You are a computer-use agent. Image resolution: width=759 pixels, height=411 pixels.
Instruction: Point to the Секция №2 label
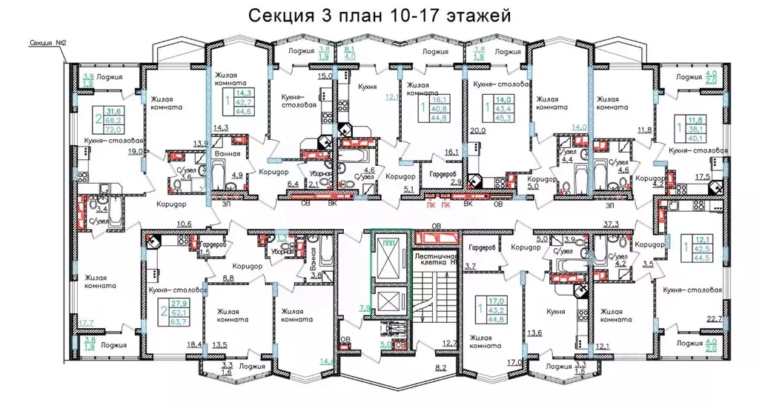click(x=45, y=44)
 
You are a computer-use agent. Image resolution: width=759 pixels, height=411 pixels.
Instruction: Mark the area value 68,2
click(x=114, y=118)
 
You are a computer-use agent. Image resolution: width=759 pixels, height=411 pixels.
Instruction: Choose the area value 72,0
click(x=114, y=127)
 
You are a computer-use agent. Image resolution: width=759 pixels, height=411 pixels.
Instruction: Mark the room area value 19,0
click(x=134, y=151)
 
